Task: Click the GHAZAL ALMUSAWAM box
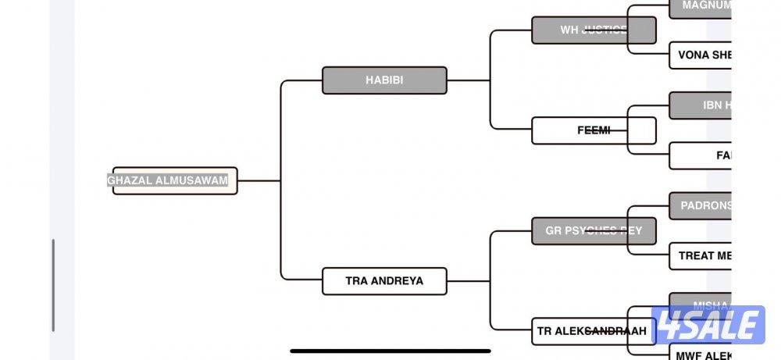(x=174, y=180)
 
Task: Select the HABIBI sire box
(x=384, y=80)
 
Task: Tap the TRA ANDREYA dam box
(x=384, y=280)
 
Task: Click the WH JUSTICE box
(x=594, y=30)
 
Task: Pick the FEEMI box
(x=594, y=130)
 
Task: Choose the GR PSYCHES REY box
(x=594, y=231)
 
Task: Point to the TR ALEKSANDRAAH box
(x=591, y=331)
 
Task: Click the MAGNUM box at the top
(x=701, y=6)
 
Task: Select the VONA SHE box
(x=701, y=55)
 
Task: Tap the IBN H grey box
(x=701, y=105)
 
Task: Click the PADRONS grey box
(x=701, y=206)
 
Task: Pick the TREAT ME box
(x=701, y=255)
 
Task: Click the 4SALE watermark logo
(x=708, y=325)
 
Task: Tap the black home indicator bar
(x=390, y=351)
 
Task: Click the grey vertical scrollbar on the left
(x=54, y=284)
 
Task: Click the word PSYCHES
(x=594, y=231)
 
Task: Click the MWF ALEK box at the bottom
(x=701, y=355)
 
